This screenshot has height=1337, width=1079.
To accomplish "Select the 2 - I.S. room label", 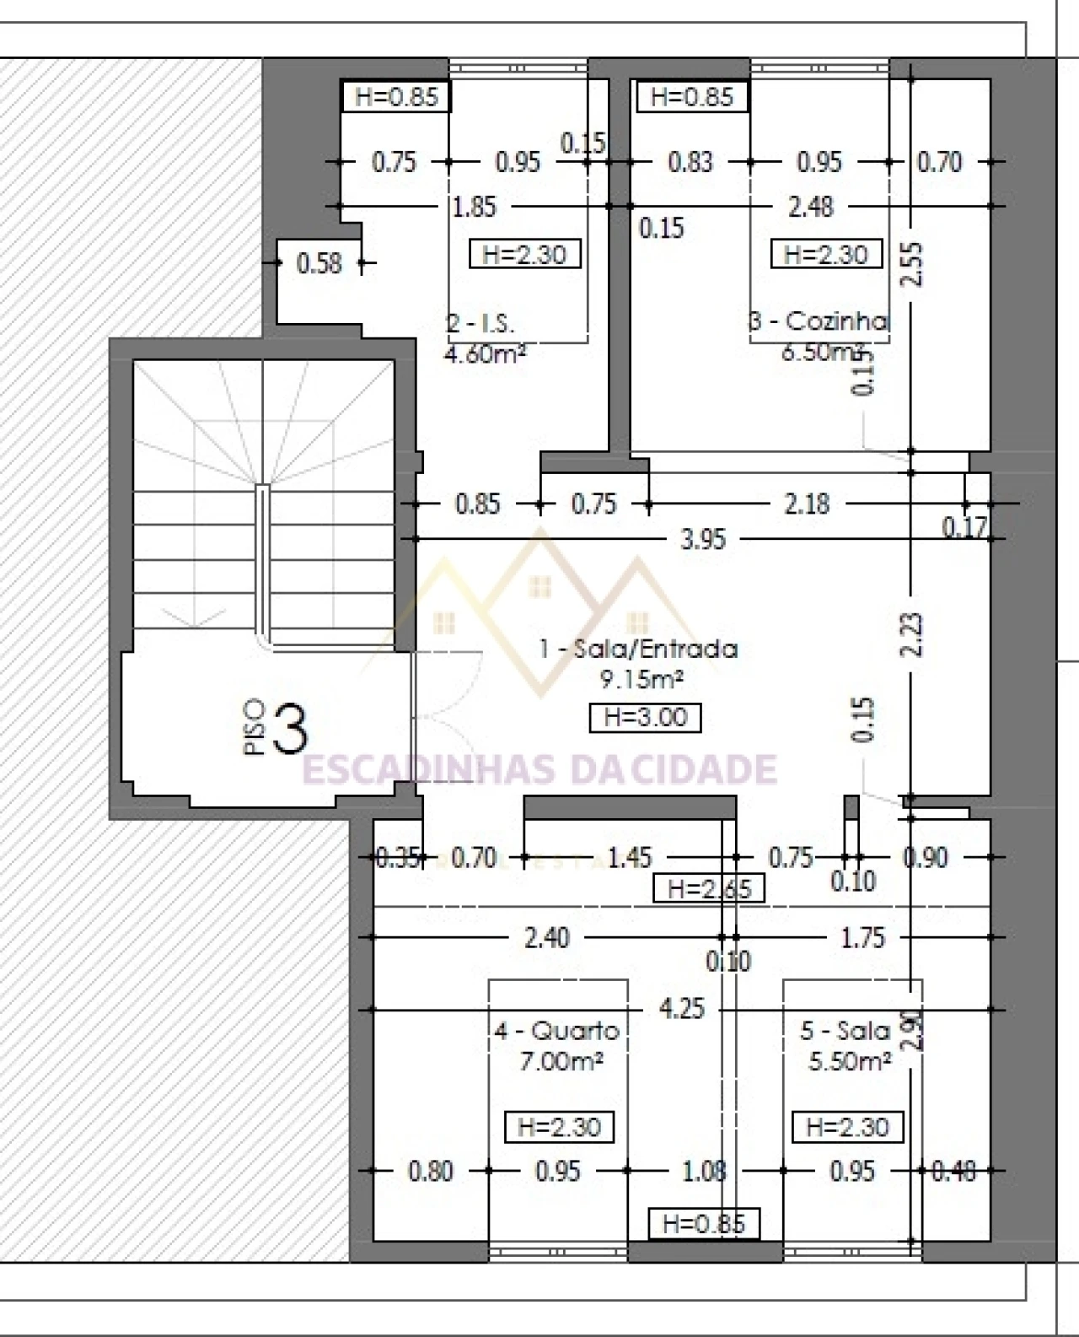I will click(x=480, y=324).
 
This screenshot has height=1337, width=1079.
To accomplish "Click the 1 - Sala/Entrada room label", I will click(x=639, y=649).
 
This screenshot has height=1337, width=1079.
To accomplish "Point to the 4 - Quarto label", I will click(x=557, y=1031).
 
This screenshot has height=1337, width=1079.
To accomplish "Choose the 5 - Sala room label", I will click(x=845, y=1031).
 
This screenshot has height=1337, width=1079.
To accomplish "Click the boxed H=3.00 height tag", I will click(x=645, y=718).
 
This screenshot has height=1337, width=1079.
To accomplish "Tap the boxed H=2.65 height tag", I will click(x=710, y=888).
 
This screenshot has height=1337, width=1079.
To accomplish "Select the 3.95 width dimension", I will click(x=702, y=539).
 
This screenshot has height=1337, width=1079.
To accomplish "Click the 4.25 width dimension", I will click(x=681, y=1009).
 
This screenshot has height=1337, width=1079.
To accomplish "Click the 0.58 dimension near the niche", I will click(x=319, y=264).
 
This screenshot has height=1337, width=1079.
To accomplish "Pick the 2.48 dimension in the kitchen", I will click(x=810, y=207).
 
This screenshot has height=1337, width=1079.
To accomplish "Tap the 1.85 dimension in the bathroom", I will click(x=475, y=207).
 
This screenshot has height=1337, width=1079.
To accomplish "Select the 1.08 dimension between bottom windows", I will click(x=704, y=1171).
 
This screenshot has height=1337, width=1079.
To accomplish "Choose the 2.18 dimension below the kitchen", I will click(x=807, y=504).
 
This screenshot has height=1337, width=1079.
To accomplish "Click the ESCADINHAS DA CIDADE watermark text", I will click(x=539, y=769).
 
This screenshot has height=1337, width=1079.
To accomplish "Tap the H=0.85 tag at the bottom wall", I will click(x=703, y=1224).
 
